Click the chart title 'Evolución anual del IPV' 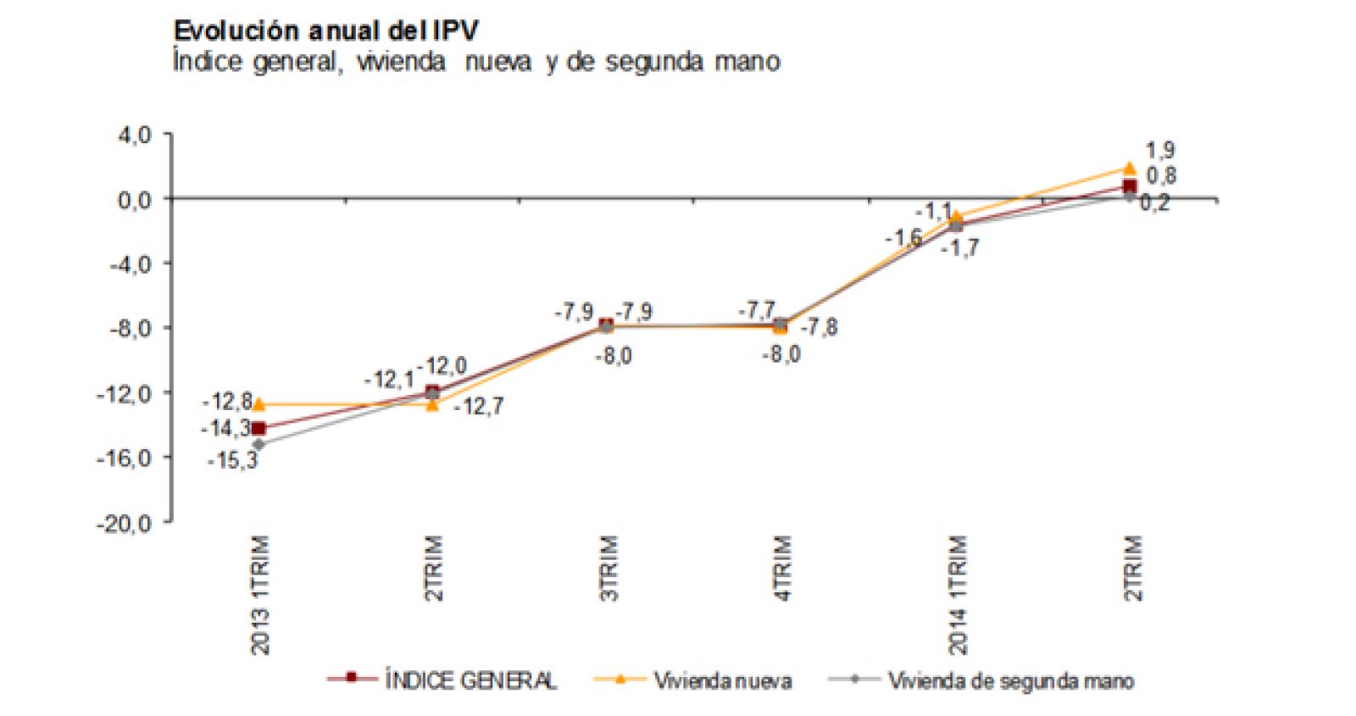(325, 31)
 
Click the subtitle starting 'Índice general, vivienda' (475, 62)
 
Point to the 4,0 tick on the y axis (134, 135)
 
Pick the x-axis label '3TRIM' (609, 568)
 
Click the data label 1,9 (1160, 151)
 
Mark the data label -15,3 (232, 461)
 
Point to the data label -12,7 (479, 407)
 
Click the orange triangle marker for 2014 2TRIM (1130, 168)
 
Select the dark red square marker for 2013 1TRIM (258, 429)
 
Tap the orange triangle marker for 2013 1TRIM (258, 404)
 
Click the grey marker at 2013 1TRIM (258, 444)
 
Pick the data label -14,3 (225, 429)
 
